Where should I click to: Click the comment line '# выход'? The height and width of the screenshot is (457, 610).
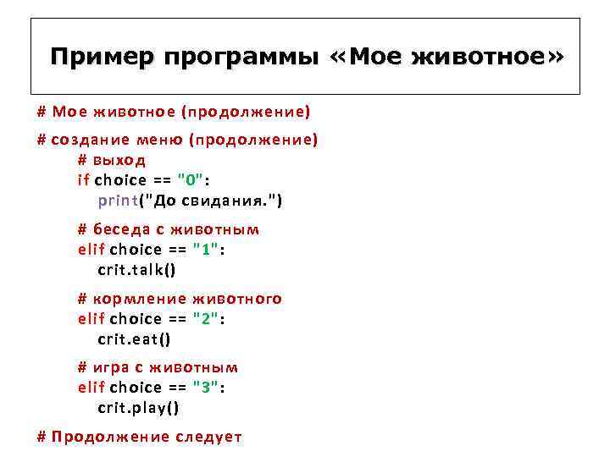pyautogui.click(x=112, y=160)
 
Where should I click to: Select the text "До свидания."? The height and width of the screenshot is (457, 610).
pyautogui.click(x=212, y=201)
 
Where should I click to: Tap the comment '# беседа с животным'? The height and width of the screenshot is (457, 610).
pyautogui.click(x=169, y=229)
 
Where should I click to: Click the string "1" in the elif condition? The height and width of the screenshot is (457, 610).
pyautogui.click(x=206, y=250)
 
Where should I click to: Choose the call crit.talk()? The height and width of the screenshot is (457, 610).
pyautogui.click(x=137, y=270)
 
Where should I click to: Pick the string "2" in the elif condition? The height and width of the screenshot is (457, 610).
pyautogui.click(x=206, y=319)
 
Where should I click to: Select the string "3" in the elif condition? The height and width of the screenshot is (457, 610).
pyautogui.click(x=206, y=388)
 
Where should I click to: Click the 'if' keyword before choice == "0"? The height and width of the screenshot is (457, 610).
pyautogui.click(x=83, y=180)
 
